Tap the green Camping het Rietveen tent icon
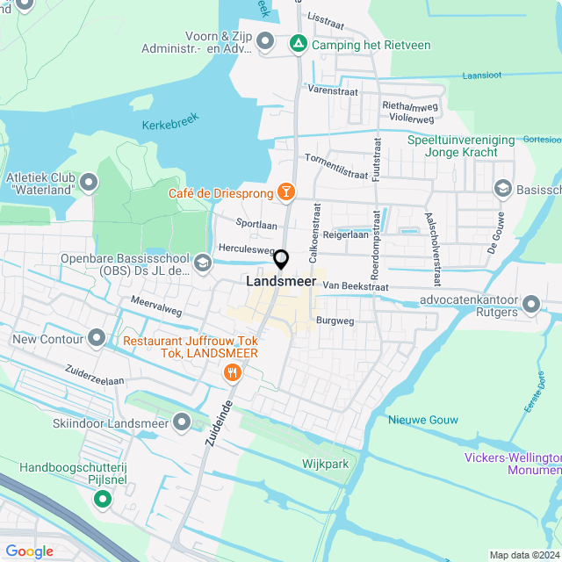point(299,42)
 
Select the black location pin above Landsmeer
point(281,260)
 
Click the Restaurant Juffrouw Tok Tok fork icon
point(233,372)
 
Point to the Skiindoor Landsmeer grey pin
point(182,423)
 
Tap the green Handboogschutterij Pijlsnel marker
point(103,500)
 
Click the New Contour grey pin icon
point(97,339)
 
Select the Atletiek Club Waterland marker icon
point(89,184)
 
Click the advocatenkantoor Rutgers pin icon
point(531,304)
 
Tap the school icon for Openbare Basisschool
point(203,263)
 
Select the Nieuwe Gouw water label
point(423,420)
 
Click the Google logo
point(30,551)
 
